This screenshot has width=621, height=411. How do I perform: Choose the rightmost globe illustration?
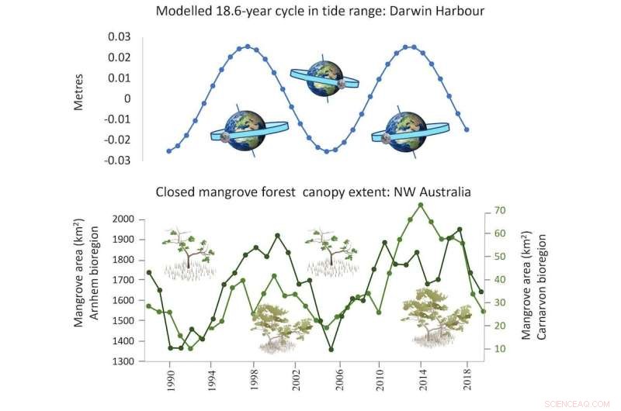[405, 130]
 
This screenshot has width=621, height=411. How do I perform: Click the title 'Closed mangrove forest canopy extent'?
[314, 192]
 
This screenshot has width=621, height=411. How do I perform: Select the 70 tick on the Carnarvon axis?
[500, 210]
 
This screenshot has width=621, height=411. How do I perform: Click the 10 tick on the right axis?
[500, 349]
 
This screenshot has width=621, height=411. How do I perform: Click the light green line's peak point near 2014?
[420, 205]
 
